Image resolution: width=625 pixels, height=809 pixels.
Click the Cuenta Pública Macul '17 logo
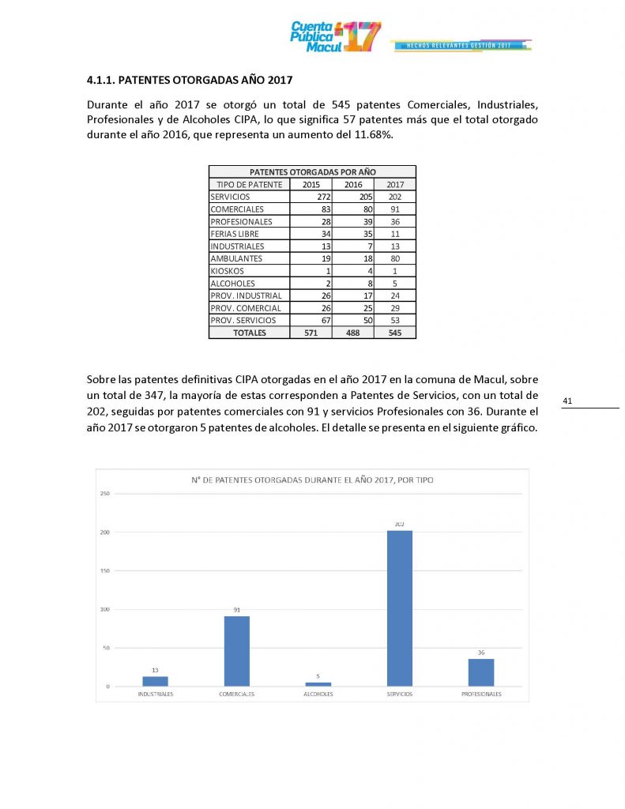coord(335,36)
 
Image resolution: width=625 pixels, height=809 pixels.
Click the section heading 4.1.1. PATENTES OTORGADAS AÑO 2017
coord(190,80)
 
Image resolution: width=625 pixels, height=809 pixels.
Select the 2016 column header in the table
coord(353,184)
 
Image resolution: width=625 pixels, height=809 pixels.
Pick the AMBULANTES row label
coord(236,258)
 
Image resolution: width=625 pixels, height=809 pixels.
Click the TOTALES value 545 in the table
coord(395,333)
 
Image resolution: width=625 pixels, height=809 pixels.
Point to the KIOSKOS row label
coord(228,271)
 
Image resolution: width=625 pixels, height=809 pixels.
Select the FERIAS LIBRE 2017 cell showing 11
coord(395,234)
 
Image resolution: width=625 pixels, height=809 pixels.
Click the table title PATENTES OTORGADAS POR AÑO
coord(312,171)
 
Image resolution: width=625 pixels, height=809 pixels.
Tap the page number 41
coord(567,401)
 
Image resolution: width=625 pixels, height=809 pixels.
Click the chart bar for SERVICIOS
coord(399,608)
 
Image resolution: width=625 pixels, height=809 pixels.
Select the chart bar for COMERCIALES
coord(236,650)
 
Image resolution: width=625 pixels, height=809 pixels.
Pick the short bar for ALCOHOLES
coord(318,684)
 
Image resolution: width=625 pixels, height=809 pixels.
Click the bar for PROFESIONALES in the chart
coord(480,672)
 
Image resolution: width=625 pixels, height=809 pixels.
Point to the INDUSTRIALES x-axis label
coord(156,694)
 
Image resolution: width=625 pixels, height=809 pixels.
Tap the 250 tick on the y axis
coord(104,494)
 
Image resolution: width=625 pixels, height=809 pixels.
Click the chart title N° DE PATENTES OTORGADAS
coord(312,480)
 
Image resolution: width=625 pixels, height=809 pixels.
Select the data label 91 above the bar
coord(236,609)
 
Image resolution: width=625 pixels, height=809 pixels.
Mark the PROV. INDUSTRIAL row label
coord(246,295)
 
